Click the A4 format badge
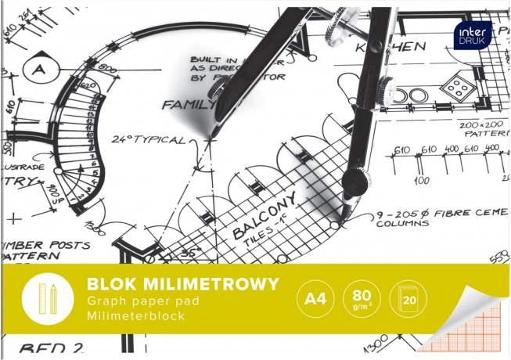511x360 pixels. click(x=314, y=299)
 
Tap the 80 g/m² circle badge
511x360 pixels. click(x=361, y=299)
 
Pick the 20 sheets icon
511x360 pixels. click(x=408, y=299)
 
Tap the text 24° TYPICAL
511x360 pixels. click(x=149, y=141)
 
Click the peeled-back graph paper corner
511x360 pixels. click(x=470, y=325)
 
